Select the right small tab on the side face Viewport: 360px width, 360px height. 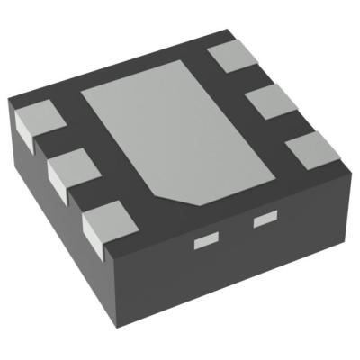(264, 219)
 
